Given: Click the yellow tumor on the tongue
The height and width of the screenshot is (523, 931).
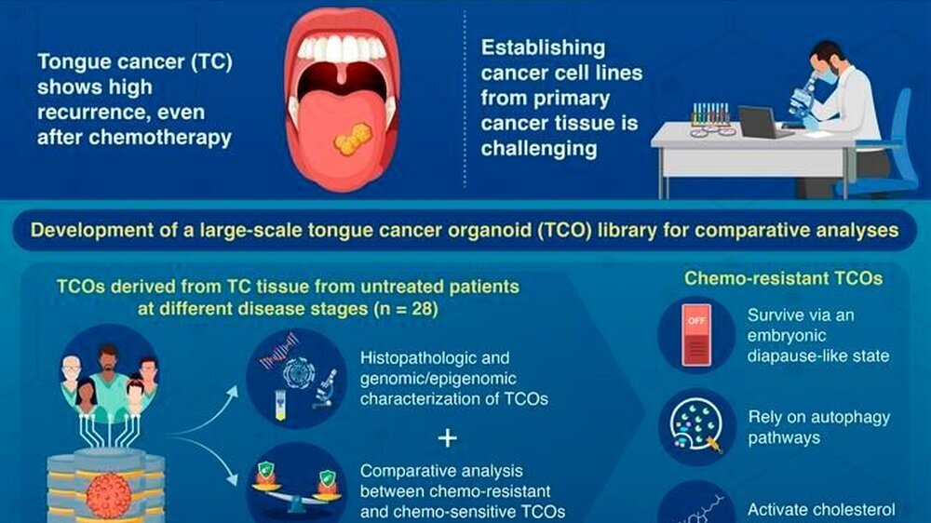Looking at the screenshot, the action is click(x=353, y=139).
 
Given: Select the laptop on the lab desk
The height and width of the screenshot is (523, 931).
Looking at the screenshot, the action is click(x=763, y=122).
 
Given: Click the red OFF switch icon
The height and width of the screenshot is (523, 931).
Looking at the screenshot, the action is click(x=696, y=334).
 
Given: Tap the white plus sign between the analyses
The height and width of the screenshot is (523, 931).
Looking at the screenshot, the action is click(x=447, y=438).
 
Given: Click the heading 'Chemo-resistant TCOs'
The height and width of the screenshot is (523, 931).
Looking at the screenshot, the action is click(x=783, y=278).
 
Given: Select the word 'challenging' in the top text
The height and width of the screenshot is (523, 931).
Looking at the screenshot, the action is click(x=538, y=148).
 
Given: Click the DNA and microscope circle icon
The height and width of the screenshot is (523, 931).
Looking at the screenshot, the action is click(x=296, y=378).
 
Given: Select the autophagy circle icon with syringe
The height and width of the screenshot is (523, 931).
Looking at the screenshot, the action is click(x=696, y=427).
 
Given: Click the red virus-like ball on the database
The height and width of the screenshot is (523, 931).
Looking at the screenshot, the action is click(x=109, y=494).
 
